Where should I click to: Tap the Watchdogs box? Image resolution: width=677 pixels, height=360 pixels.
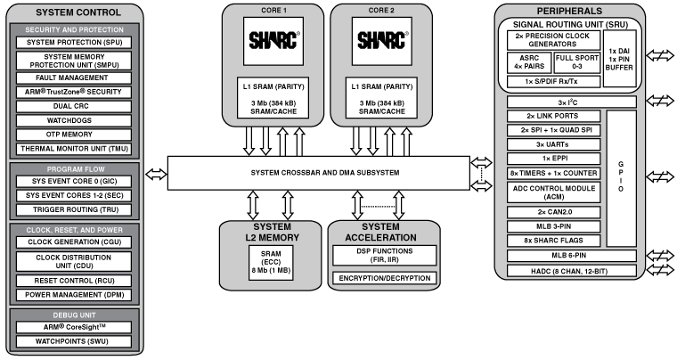(x=75, y=119)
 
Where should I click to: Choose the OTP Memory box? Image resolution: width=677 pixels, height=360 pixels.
(x=75, y=133)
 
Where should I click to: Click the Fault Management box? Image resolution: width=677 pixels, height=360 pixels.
(x=75, y=78)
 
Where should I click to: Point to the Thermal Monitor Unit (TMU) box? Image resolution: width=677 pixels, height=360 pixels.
(x=75, y=148)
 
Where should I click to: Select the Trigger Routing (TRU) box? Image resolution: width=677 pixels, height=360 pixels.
(x=75, y=209)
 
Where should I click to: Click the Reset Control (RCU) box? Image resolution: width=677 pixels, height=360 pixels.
(x=75, y=279)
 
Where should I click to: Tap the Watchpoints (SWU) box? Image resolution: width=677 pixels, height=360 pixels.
(x=75, y=340)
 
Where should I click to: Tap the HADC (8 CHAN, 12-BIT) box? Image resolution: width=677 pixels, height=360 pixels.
(x=581, y=269)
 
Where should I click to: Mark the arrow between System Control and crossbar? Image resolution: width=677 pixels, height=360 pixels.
(x=156, y=172)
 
